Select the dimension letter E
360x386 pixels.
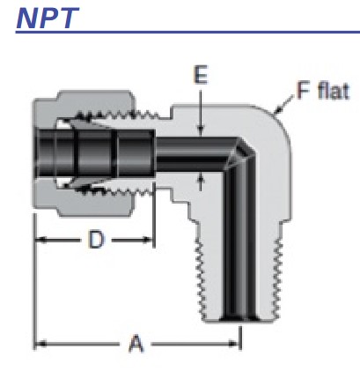200,77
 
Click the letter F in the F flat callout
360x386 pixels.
303,91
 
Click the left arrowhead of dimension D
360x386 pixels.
40,240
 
